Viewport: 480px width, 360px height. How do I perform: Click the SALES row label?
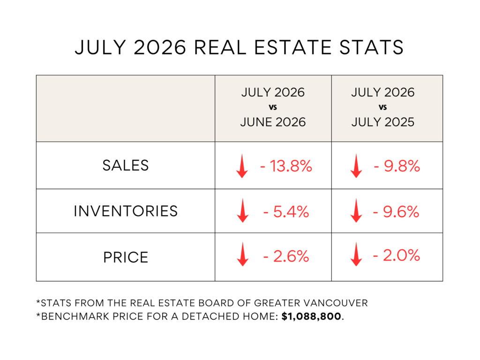point(126,165)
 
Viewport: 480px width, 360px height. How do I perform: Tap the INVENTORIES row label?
point(126,211)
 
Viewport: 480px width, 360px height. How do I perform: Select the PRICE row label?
point(126,257)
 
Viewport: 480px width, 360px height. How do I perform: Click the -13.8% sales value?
point(286,166)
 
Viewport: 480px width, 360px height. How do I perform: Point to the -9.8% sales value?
point(397,166)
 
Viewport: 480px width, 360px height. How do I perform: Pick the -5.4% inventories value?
point(286,212)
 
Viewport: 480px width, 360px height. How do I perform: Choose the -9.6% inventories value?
point(396,212)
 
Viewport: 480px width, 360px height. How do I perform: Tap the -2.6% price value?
point(286,256)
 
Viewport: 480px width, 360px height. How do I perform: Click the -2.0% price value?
point(397,255)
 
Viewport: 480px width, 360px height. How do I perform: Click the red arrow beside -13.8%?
point(242,166)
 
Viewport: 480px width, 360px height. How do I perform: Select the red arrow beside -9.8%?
point(356,166)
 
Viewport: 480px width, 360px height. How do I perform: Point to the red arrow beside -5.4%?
point(243,210)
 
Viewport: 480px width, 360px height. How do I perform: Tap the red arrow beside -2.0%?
point(356,254)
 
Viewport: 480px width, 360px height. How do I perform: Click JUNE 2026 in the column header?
point(273,122)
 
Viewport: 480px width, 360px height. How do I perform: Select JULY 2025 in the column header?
point(382,122)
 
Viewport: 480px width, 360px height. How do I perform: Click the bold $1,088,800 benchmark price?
point(311,316)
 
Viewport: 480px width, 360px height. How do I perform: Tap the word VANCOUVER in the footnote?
point(336,303)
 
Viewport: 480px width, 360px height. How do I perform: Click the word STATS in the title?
point(372,47)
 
